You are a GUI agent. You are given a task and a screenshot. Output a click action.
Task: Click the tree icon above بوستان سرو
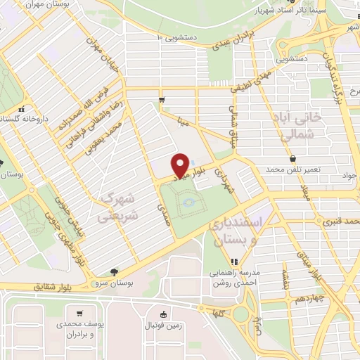(x=115, y=272)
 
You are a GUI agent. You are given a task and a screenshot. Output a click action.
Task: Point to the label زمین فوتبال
(x=163, y=325)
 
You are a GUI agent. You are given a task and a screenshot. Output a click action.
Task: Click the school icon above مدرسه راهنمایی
(x=235, y=262)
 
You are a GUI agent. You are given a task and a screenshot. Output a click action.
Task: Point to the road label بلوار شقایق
(x=53, y=287)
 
